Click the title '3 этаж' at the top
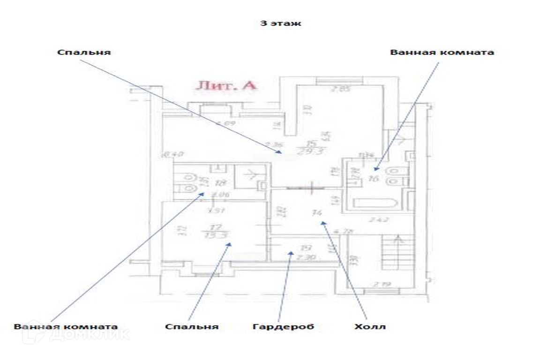pos(280,23)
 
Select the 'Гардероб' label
pos(283,327)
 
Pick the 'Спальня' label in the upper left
pos(84,52)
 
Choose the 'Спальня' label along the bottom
pos(192,327)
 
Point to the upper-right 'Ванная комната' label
pos(442,52)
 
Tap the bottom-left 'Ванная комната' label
pos(66,327)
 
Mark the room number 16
pos(373,179)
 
